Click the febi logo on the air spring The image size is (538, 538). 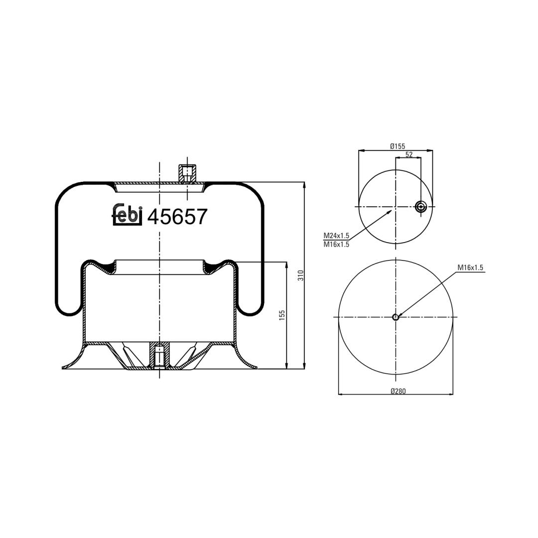[128, 214]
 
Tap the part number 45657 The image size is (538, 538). [177, 217]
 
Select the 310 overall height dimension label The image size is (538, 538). [301, 275]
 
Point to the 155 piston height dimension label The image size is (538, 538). [282, 315]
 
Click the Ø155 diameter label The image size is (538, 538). [398, 146]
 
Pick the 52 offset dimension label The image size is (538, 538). [409, 154]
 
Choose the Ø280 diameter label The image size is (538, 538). [398, 391]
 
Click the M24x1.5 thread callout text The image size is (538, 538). [336, 236]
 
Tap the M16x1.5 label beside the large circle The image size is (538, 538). [470, 268]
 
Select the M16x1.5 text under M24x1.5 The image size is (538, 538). [336, 244]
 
